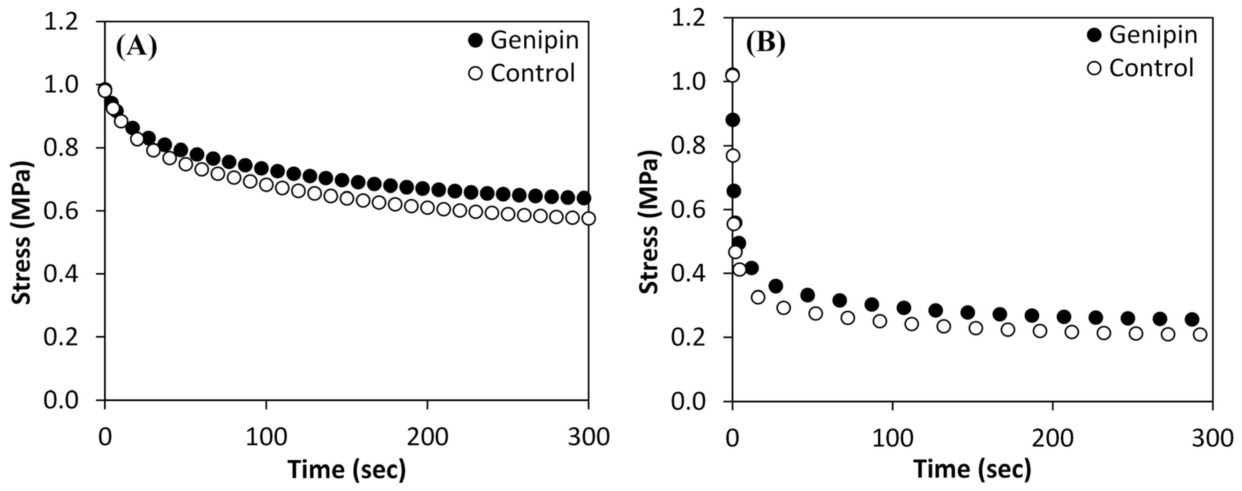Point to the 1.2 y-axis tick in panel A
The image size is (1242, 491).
click(61, 22)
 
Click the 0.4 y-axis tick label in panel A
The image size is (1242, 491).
click(61, 274)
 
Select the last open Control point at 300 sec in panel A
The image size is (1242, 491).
click(588, 219)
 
